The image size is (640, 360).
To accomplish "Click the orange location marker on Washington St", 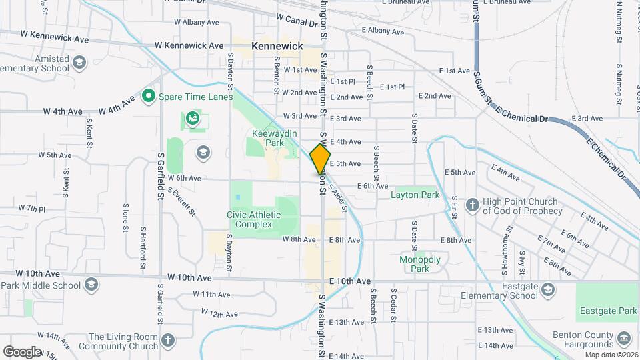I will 320,159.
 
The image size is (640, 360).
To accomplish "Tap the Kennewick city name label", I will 277,46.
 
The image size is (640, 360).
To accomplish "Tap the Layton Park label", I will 415,195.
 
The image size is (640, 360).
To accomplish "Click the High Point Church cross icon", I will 472,205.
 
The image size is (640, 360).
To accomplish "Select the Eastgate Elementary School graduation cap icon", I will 547,289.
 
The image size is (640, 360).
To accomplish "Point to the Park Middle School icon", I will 91,285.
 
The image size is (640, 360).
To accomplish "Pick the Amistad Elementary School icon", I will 80,63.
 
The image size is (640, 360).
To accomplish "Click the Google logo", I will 22,351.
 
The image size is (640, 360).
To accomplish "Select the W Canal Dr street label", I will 297,22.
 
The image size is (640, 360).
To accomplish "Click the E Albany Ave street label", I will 383,31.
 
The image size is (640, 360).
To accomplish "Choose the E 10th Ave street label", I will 349,281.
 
